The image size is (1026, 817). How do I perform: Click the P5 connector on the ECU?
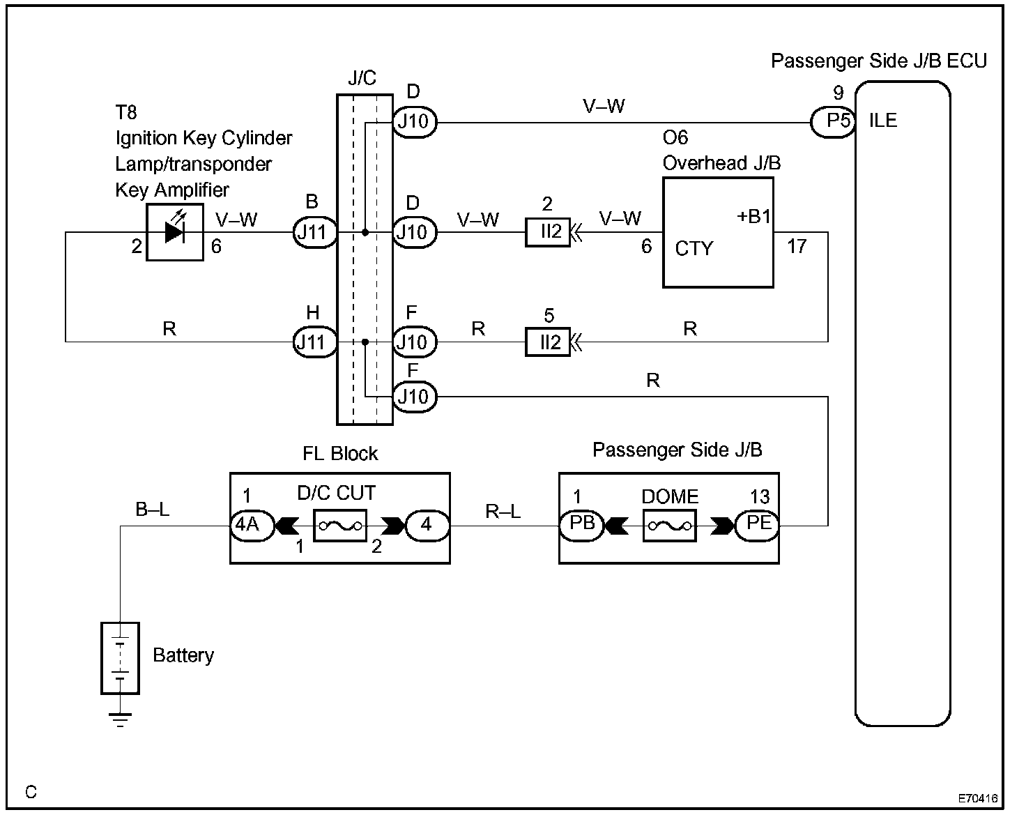pyautogui.click(x=834, y=122)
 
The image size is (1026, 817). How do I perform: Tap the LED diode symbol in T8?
pyautogui.click(x=174, y=232)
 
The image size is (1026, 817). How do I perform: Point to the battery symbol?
pyautogui.click(x=120, y=657)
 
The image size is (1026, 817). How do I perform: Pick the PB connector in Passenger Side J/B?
pyautogui.click(x=581, y=525)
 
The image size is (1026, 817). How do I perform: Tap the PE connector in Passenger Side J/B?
pyautogui.click(x=758, y=525)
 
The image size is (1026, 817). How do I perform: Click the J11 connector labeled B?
pyautogui.click(x=313, y=232)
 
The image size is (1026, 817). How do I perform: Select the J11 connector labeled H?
pyautogui.click(x=313, y=342)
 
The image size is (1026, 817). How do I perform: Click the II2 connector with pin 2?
pyautogui.click(x=548, y=232)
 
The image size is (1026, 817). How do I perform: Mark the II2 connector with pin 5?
pyautogui.click(x=548, y=342)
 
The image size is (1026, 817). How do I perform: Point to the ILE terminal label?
pyautogui.click(x=883, y=121)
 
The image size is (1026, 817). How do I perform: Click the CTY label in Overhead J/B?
pyautogui.click(x=694, y=249)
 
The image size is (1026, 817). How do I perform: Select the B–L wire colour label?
pyautogui.click(x=153, y=510)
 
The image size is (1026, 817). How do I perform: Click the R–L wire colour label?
pyautogui.click(x=503, y=512)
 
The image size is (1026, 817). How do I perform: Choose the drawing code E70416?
pyautogui.click(x=977, y=799)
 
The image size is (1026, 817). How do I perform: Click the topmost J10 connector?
pyautogui.click(x=414, y=122)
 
